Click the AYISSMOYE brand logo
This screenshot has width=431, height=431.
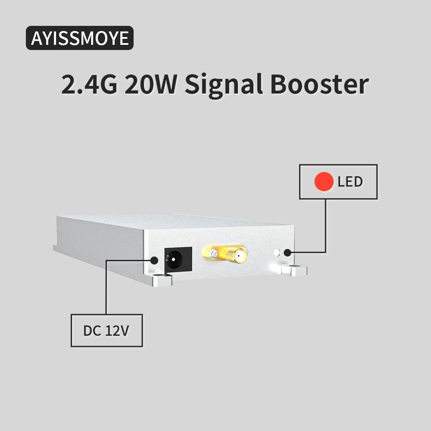[80, 38]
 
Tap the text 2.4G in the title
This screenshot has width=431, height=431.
[89, 84]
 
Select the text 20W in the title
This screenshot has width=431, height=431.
[150, 84]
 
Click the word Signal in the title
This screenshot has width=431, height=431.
[224, 85]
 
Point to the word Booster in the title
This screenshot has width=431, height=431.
[319, 84]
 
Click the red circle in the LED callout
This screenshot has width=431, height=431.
[324, 181]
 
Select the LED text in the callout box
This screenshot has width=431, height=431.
[350, 182]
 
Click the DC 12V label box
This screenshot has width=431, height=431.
[106, 331]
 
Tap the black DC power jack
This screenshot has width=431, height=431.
[178, 259]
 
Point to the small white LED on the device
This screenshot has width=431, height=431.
[277, 253]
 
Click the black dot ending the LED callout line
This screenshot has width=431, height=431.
[287, 253]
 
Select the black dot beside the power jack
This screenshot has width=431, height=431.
[154, 260]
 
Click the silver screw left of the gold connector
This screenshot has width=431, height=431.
[213, 253]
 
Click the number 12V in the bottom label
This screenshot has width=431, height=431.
[117, 331]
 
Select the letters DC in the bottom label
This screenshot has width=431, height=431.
[92, 331]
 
